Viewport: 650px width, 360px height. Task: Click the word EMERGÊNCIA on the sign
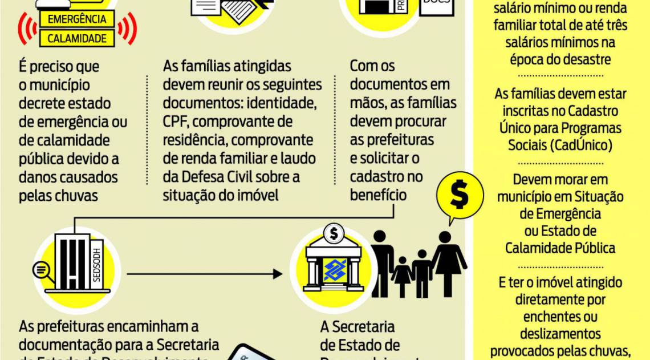click(77, 19)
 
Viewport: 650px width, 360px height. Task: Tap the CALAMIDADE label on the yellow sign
click(77, 39)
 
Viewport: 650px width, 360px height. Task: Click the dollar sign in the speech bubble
click(459, 196)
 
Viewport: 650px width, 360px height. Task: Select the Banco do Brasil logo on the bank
click(335, 269)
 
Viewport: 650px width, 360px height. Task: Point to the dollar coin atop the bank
click(333, 233)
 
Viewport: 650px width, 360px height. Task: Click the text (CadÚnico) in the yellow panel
click(560, 145)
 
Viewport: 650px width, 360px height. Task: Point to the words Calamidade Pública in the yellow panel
click(560, 248)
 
